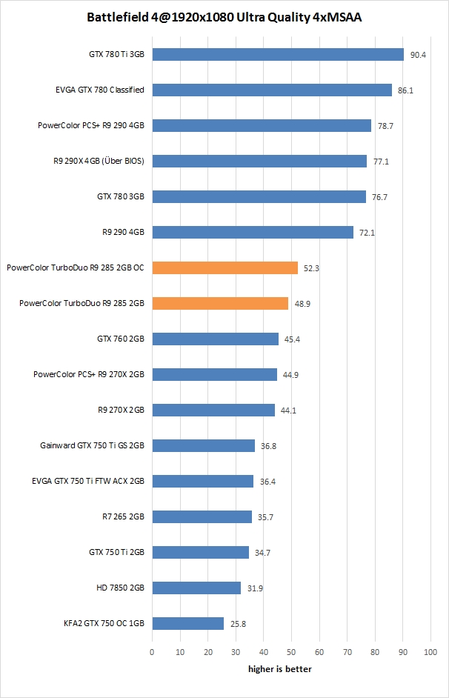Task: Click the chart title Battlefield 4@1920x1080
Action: pos(224,16)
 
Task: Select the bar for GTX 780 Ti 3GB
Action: pos(278,54)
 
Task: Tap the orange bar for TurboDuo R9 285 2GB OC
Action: pos(224,267)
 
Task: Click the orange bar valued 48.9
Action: pos(220,303)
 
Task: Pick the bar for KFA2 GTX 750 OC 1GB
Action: pos(187,623)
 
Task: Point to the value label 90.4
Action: pos(418,55)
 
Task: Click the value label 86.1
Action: pos(406,90)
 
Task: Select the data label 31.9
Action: pos(255,588)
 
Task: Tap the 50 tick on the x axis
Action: pos(291,651)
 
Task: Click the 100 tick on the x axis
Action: pos(430,651)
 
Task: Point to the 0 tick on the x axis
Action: pos(152,651)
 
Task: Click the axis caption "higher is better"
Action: pos(279,669)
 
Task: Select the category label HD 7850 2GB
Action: pos(120,588)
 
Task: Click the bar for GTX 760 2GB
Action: pos(215,339)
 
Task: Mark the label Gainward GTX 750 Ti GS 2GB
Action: pos(92,445)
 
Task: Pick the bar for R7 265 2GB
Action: pos(202,516)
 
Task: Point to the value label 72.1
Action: pos(367,233)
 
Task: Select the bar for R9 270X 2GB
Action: pos(213,410)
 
